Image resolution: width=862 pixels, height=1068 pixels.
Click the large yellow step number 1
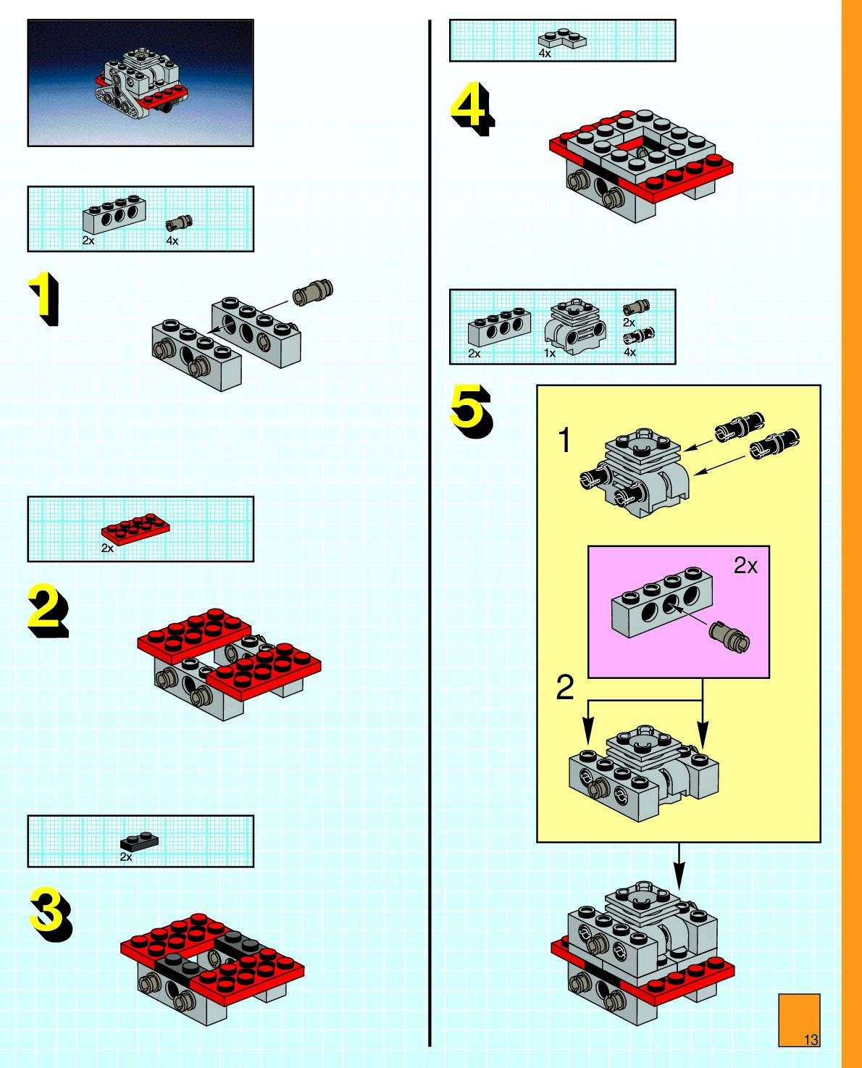coord(44,298)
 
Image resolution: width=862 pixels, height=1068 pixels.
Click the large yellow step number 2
coord(47,611)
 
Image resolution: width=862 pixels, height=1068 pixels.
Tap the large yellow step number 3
coord(49,914)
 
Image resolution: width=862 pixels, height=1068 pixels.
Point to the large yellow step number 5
coord(471,411)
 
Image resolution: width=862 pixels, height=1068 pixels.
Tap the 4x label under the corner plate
coord(545,53)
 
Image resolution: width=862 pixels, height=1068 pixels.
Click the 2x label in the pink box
coord(745,566)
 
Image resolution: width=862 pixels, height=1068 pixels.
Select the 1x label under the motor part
coord(550,353)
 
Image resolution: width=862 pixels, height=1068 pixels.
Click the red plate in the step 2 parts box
coord(135,528)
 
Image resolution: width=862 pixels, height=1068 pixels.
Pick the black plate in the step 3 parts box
coord(139,841)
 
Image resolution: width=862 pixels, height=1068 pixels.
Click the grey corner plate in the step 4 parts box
coord(562,38)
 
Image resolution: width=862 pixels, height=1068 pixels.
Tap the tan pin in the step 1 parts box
coord(179,222)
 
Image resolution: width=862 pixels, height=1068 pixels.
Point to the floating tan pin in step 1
coord(312,292)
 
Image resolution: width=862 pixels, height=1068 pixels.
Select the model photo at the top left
coord(141,83)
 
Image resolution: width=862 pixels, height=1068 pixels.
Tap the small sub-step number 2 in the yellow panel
coord(565,688)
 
